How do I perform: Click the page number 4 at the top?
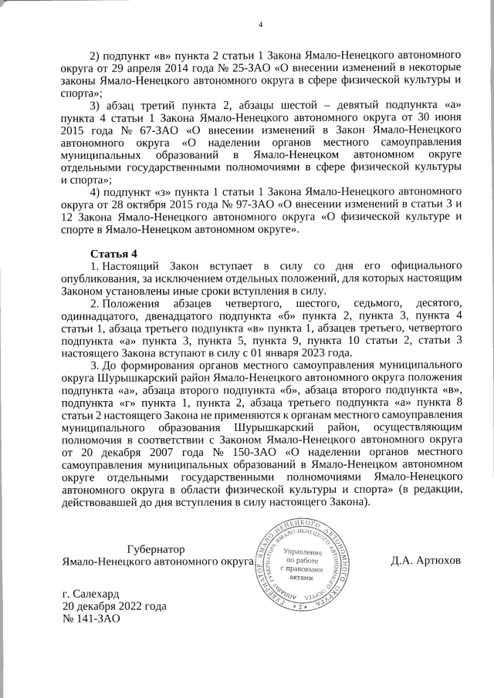click(261, 26)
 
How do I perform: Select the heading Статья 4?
click(113, 254)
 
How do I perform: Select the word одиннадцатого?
click(104, 316)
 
